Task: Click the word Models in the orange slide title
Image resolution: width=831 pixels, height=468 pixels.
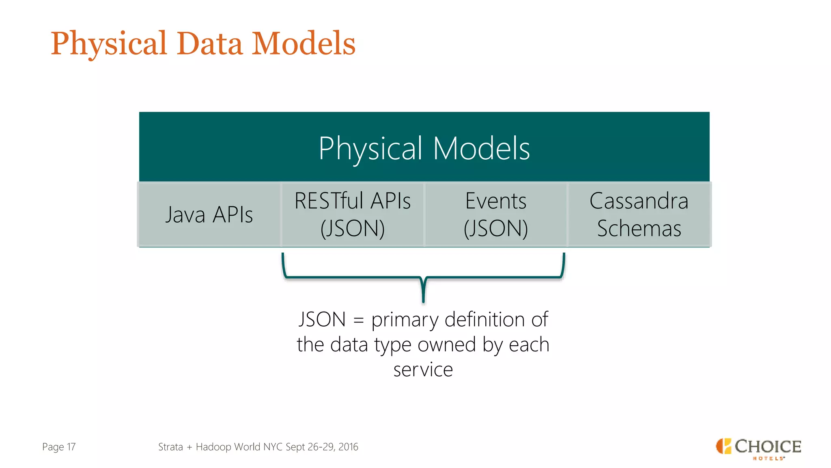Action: [304, 44]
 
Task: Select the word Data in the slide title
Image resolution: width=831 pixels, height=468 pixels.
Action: [209, 44]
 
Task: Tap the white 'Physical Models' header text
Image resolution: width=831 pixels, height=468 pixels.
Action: [424, 148]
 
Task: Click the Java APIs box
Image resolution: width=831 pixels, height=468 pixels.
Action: [209, 214]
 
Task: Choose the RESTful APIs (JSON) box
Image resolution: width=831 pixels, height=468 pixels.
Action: [352, 214]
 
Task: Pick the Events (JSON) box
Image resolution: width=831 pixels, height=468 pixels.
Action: [495, 214]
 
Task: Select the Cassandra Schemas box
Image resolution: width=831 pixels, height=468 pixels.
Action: [639, 214]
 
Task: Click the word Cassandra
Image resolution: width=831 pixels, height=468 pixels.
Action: [639, 201]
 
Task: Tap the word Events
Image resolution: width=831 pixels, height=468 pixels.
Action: [495, 201]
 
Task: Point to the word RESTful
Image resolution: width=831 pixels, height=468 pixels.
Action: [329, 201]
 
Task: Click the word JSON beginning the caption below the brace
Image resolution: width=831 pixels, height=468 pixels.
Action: [322, 319]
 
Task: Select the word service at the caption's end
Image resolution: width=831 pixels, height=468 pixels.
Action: [423, 370]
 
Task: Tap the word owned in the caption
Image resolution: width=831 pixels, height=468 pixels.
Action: [446, 344]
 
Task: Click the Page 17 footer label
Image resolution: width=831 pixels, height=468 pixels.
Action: [59, 447]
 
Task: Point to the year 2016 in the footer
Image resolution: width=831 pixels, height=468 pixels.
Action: [348, 447]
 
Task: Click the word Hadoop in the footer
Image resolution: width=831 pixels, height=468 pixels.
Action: [213, 447]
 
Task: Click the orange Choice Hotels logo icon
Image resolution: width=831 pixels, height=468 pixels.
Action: [723, 446]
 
